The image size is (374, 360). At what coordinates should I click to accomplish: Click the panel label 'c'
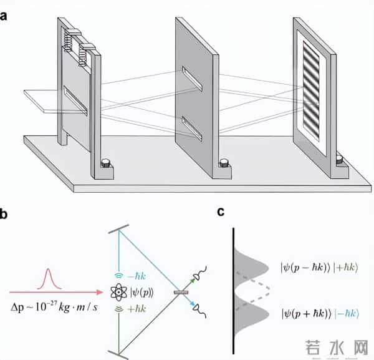coord(221,212)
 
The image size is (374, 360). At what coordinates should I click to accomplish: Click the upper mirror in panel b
coord(119,228)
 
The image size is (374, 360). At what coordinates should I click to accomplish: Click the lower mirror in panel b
coord(119,354)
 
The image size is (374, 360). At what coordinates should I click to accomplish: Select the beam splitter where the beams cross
coord(181,291)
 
